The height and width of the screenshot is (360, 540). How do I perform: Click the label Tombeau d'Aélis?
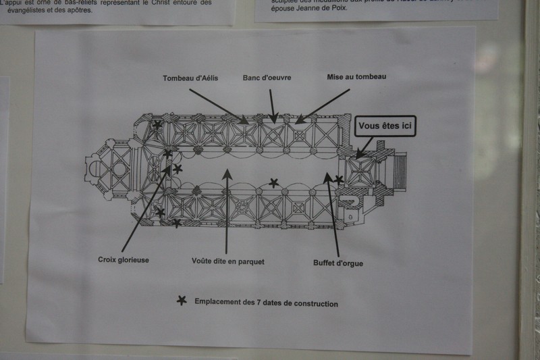(x=190, y=78)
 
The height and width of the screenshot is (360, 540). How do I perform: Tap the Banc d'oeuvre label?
(x=267, y=78)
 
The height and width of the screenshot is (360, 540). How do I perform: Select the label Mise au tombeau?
(x=356, y=77)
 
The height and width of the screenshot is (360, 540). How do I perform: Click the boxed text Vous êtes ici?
(x=388, y=126)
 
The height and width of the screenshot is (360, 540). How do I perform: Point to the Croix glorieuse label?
(x=123, y=259)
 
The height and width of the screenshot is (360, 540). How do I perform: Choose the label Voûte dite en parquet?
(x=228, y=261)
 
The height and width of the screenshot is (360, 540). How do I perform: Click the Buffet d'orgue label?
(x=338, y=263)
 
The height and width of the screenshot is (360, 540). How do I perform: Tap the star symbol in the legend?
(x=181, y=301)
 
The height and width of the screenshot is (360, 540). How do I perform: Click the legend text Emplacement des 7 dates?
(x=266, y=303)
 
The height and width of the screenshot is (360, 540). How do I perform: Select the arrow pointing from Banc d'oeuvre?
(x=272, y=105)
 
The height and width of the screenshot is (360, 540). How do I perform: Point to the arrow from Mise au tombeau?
(x=323, y=106)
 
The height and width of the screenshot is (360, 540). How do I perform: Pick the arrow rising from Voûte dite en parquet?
(x=227, y=209)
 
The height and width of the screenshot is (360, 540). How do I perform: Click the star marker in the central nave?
(x=273, y=182)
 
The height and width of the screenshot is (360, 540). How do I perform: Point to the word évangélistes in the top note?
(x=36, y=11)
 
